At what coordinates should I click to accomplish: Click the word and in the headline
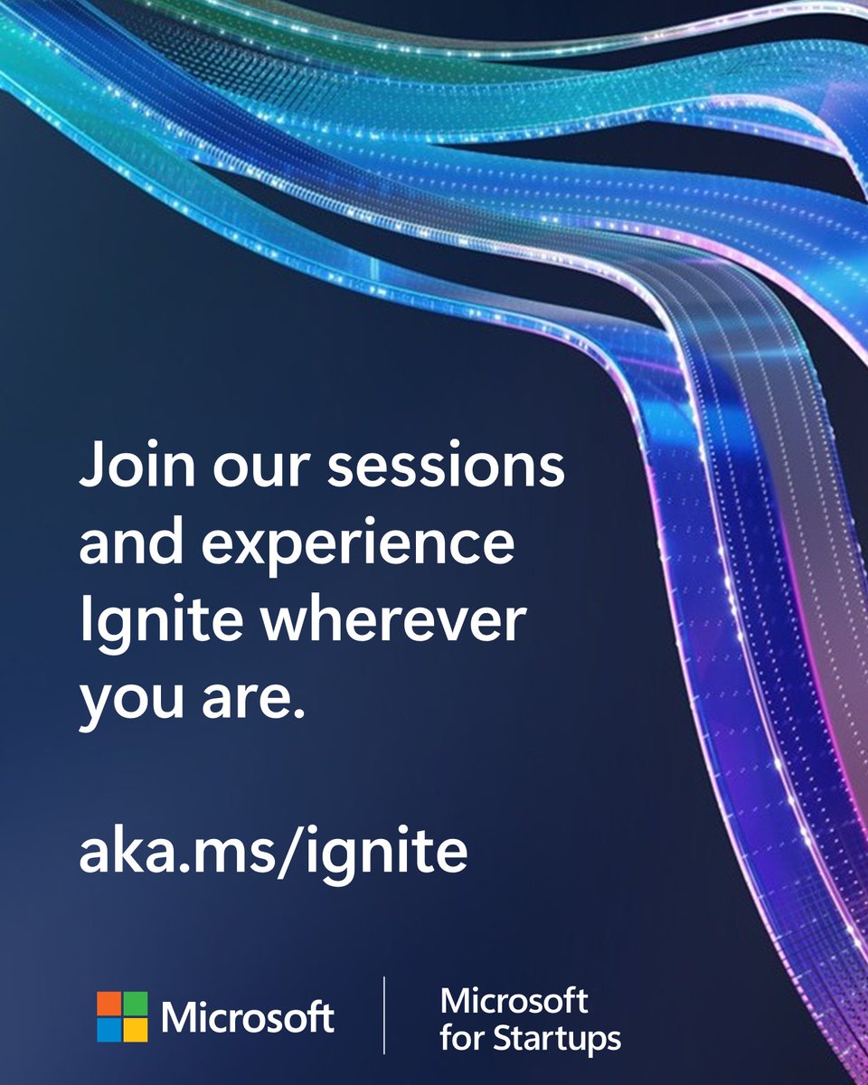[x=126, y=547]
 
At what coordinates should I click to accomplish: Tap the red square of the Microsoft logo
[x=109, y=1005]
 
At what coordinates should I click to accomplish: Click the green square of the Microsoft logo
[x=136, y=1005]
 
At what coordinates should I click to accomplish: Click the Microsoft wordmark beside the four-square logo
[x=248, y=1018]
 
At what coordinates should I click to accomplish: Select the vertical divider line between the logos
[x=385, y=1014]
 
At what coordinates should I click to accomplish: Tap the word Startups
[x=556, y=1038]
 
